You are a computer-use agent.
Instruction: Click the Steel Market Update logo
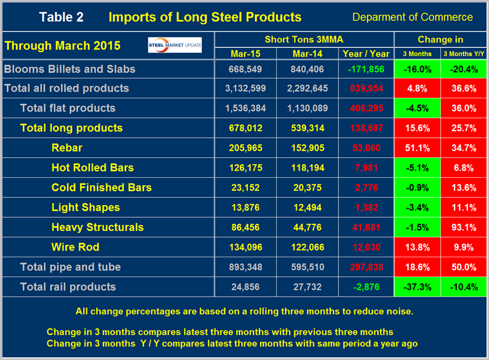click(175, 46)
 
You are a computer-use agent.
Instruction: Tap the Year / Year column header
click(366, 53)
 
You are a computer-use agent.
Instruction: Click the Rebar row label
click(67, 148)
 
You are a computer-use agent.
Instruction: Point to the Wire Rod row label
click(76, 247)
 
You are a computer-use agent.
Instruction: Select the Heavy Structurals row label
click(97, 227)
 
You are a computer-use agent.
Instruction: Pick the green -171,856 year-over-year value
click(366, 69)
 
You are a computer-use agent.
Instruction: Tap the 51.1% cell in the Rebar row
click(417, 148)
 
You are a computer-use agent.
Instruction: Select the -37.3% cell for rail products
click(417, 287)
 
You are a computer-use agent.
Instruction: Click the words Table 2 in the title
click(61, 17)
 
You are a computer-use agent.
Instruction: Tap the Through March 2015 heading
click(62, 46)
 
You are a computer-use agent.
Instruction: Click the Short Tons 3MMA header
click(303, 39)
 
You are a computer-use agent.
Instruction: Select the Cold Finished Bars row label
click(101, 187)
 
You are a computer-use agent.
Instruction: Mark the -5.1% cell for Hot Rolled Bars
click(417, 168)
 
